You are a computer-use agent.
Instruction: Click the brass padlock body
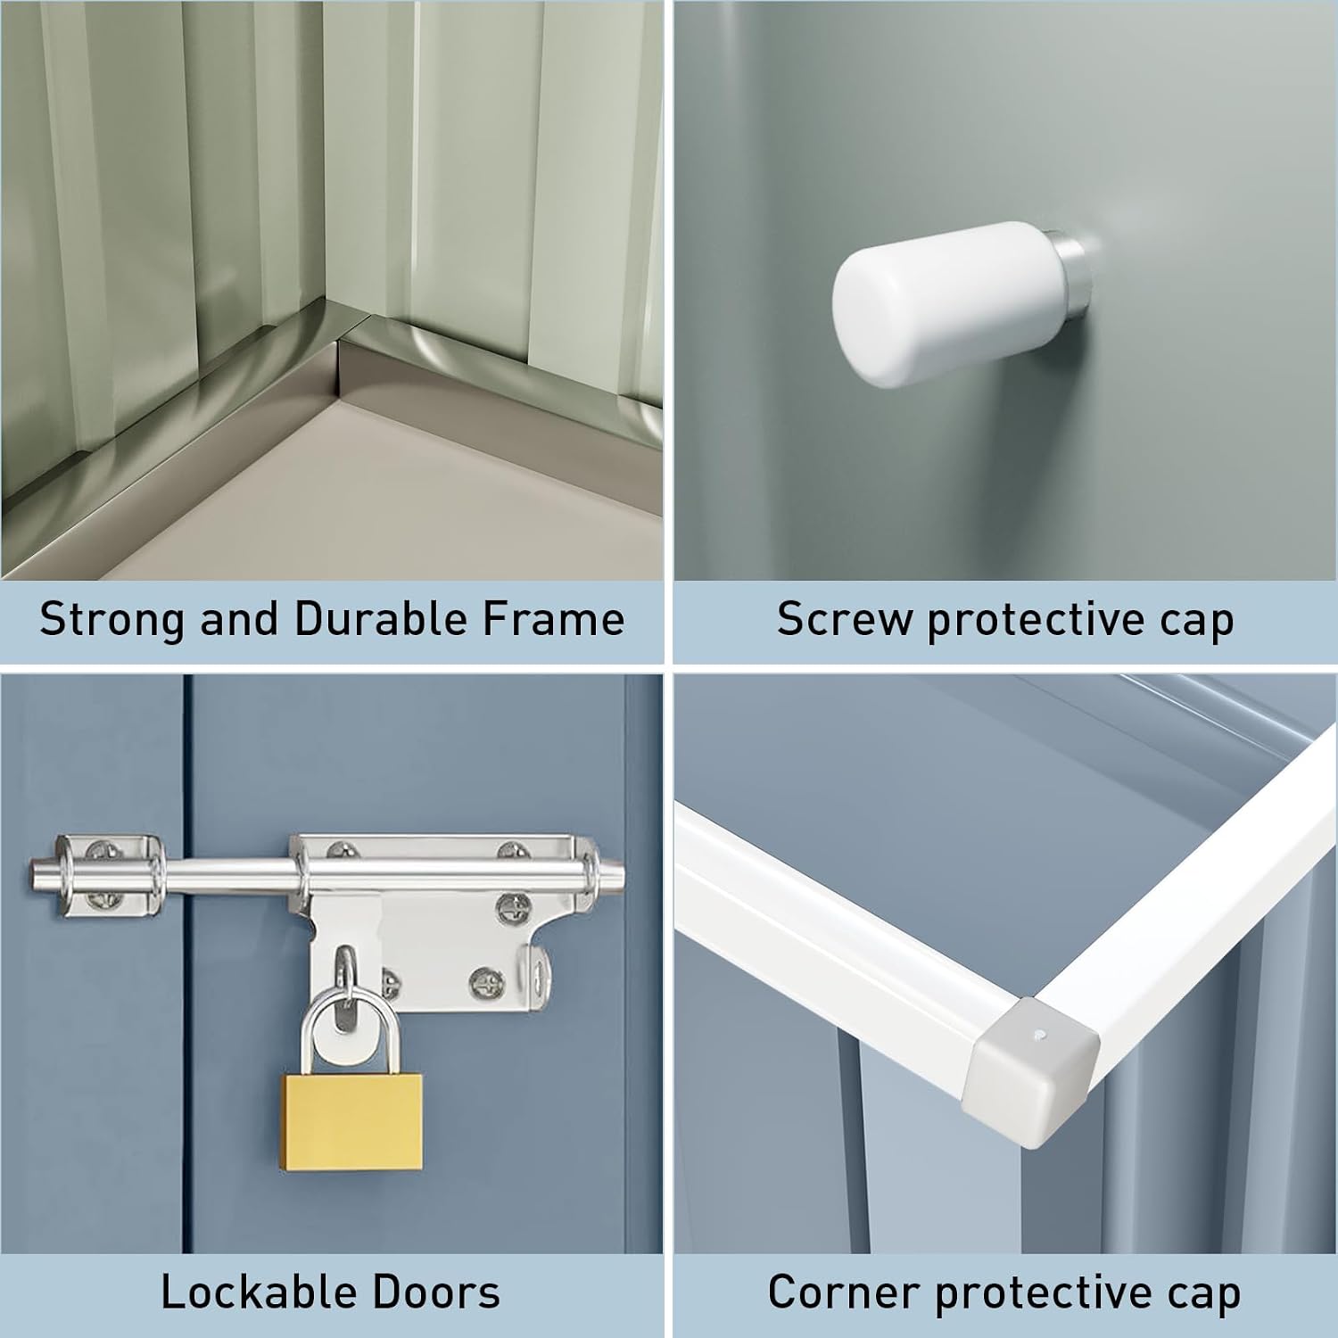[x=353, y=1121]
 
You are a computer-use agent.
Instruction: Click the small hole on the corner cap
[x=1042, y=1037]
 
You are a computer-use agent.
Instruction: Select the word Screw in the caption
[x=845, y=619]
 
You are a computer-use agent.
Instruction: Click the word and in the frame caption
[x=239, y=619]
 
